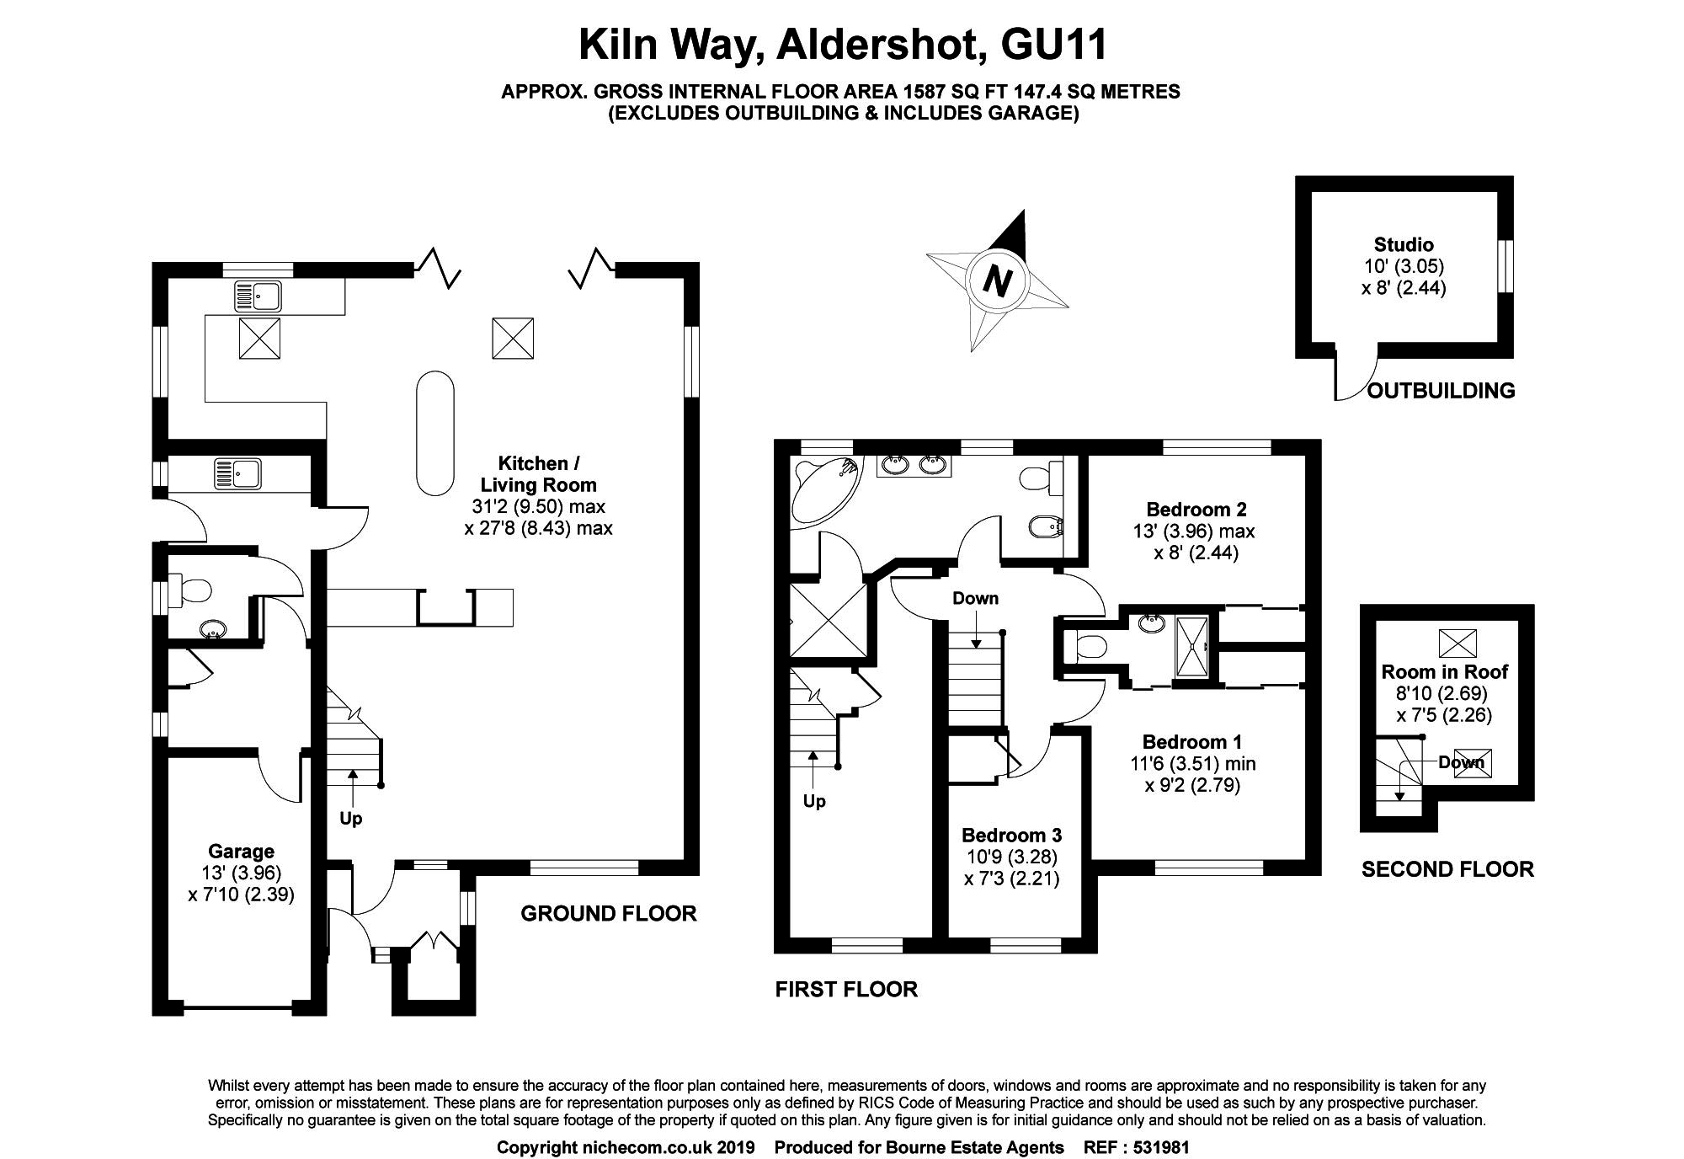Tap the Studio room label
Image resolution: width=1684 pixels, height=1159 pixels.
coord(1404,245)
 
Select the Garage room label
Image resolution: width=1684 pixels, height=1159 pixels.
coord(241,852)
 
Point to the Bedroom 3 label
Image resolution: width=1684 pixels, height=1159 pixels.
coord(1011,835)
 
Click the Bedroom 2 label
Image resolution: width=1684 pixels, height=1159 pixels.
coord(1196,510)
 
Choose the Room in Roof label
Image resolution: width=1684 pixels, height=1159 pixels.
coord(1444,672)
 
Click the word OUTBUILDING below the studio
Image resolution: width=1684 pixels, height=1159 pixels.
coord(1441,391)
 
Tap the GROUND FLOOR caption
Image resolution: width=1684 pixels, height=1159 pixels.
coord(608,913)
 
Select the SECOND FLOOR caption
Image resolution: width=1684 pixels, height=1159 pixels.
coord(1447,869)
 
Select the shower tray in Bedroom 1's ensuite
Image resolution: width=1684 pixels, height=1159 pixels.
coord(1192,646)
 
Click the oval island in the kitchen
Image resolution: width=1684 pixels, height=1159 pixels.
coord(435,433)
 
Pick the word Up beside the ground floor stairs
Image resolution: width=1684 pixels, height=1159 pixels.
coord(351,818)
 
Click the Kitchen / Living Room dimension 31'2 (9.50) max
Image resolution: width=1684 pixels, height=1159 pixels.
coord(538,507)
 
